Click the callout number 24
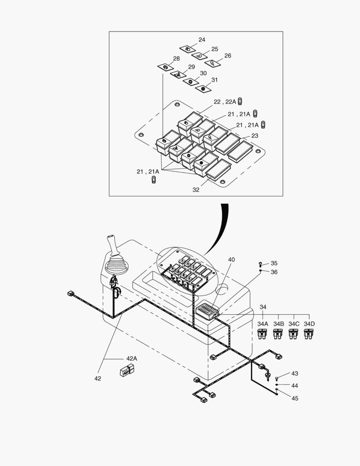pyautogui.click(x=202, y=40)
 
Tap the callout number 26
pyautogui.click(x=228, y=56)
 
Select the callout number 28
pyautogui.click(x=176, y=59)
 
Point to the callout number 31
pyautogui.click(x=214, y=80)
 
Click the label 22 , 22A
pyautogui.click(x=225, y=102)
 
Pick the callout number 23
pyautogui.click(x=255, y=135)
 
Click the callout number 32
pyautogui.click(x=196, y=190)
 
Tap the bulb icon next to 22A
pyautogui.click(x=241, y=102)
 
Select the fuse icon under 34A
pyautogui.click(x=262, y=334)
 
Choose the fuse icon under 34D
pyautogui.click(x=309, y=334)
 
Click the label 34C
pyautogui.click(x=294, y=324)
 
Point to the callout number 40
pyautogui.click(x=232, y=260)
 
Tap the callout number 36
pyautogui.click(x=274, y=272)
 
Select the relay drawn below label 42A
pyautogui.click(x=126, y=370)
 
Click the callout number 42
pyautogui.click(x=97, y=378)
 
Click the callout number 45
pyautogui.click(x=294, y=398)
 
